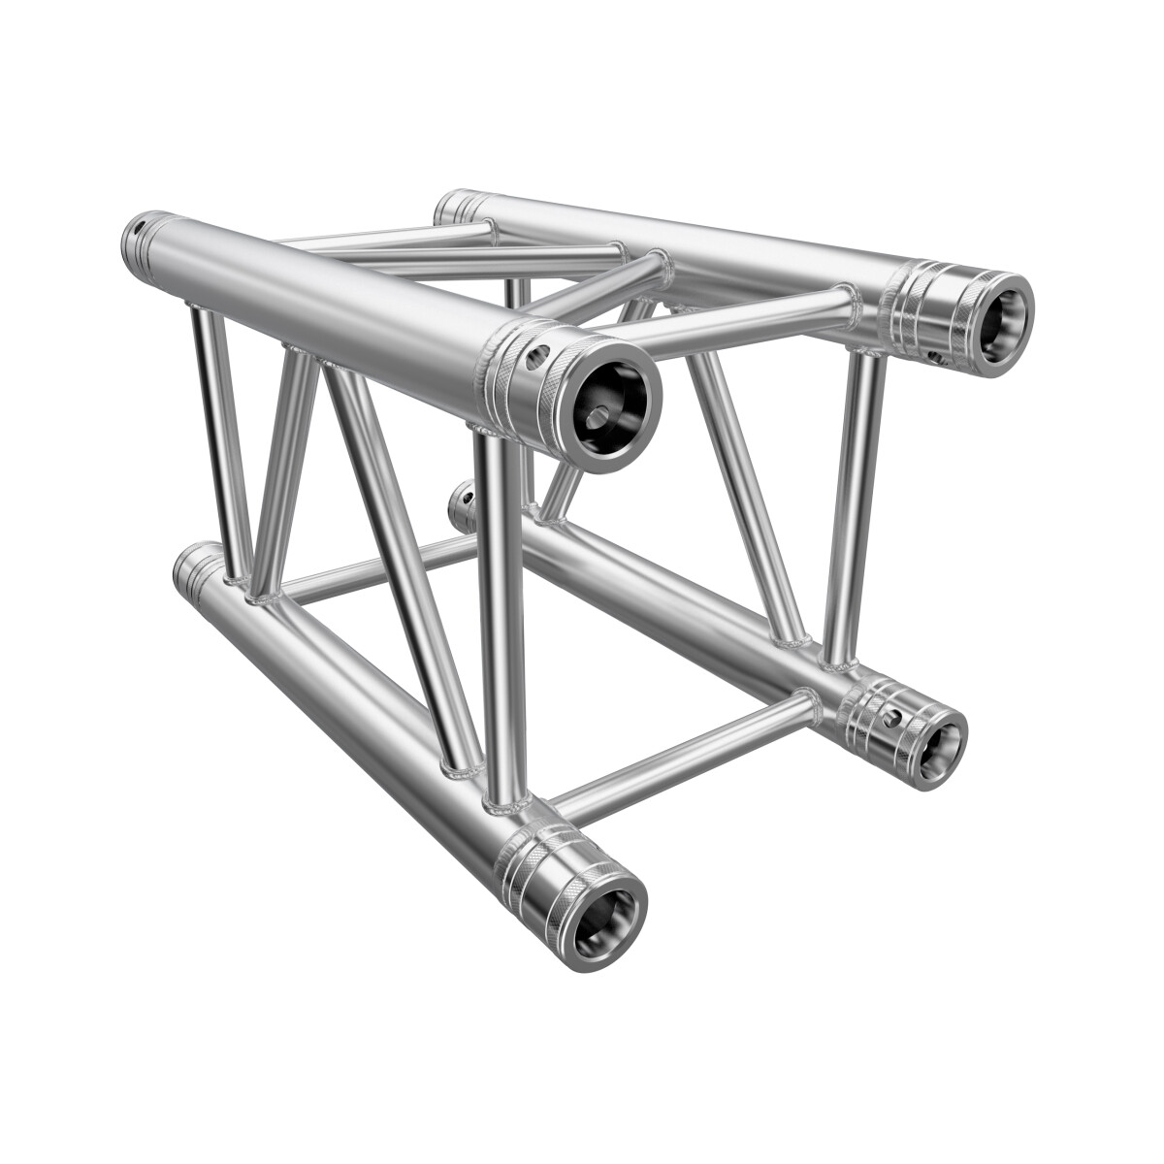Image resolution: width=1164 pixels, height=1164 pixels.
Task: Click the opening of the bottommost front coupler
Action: coord(604,910)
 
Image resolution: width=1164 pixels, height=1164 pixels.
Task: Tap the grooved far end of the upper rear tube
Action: coord(456,207)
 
